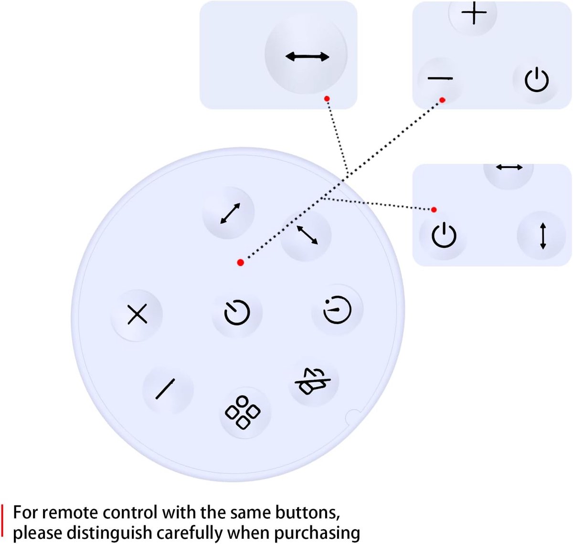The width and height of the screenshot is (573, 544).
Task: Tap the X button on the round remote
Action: pyautogui.click(x=137, y=314)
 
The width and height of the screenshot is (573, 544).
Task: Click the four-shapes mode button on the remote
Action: pyautogui.click(x=243, y=412)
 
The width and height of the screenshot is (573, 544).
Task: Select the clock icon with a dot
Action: pyautogui.click(x=338, y=310)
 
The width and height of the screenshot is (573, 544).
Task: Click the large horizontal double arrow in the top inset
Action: pyautogui.click(x=307, y=56)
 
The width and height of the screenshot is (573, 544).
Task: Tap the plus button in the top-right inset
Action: pyautogui.click(x=474, y=13)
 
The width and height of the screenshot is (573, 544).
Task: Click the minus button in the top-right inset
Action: pyautogui.click(x=440, y=78)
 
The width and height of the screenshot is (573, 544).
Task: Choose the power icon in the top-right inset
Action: pyautogui.click(x=537, y=80)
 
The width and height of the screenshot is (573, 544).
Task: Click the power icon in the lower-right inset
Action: pyautogui.click(x=444, y=235)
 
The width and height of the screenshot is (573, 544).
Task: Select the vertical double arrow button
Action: pyautogui.click(x=543, y=236)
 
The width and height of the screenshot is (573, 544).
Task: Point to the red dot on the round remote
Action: pyautogui.click(x=241, y=262)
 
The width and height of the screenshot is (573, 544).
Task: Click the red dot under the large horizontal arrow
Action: pyautogui.click(x=327, y=99)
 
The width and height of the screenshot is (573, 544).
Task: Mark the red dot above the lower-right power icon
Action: pyautogui.click(x=434, y=209)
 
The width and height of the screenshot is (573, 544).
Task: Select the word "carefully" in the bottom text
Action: pyautogui.click(x=190, y=533)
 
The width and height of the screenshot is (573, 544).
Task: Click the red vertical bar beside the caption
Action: pyautogui.click(x=2, y=523)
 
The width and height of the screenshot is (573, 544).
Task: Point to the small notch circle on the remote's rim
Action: pyautogui.click(x=353, y=417)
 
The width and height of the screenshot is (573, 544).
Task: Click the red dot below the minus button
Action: pyautogui.click(x=442, y=100)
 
